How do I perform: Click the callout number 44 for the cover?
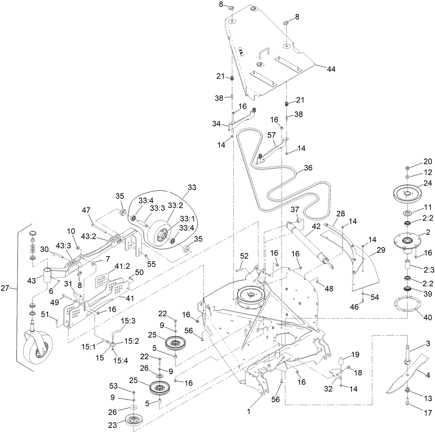tap(331, 69)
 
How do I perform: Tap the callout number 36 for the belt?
tap(308, 168)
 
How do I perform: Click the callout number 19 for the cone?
tap(355, 354)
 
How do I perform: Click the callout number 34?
tap(216, 124)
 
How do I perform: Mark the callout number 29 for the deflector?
tap(381, 250)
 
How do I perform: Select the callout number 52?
tap(244, 256)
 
